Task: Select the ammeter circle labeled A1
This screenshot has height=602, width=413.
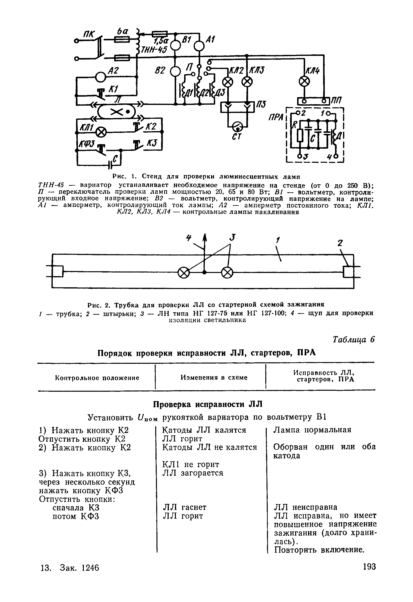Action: (x=199, y=46)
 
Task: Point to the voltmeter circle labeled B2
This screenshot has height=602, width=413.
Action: (x=175, y=71)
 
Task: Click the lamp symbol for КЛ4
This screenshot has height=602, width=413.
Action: (x=304, y=82)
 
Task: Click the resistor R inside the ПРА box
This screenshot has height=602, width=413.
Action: (x=300, y=135)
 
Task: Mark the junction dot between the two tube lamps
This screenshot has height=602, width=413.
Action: (x=205, y=272)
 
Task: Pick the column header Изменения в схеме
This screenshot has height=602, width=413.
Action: (x=214, y=377)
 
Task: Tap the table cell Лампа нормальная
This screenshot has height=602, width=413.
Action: (x=312, y=430)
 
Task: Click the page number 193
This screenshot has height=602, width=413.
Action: (x=369, y=566)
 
